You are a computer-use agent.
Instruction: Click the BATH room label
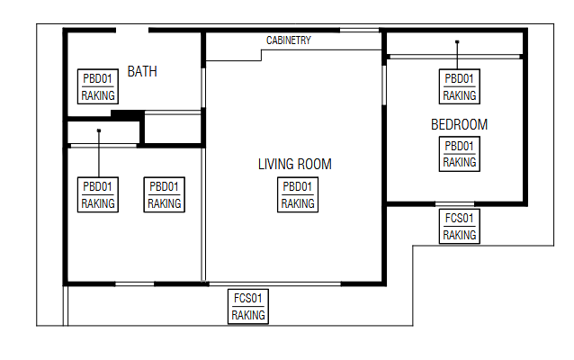click(142, 71)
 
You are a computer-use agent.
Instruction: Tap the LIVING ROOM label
click(295, 164)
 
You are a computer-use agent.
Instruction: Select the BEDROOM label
click(459, 124)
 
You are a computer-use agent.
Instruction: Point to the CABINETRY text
click(289, 40)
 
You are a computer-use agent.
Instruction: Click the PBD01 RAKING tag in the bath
click(98, 86)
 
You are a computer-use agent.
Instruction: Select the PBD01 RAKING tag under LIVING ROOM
click(298, 194)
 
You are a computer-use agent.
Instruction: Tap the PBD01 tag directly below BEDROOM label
click(460, 154)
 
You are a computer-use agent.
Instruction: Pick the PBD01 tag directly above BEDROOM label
click(460, 86)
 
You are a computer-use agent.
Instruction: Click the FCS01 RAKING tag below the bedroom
click(460, 226)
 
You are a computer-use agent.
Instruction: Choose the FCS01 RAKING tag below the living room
click(248, 306)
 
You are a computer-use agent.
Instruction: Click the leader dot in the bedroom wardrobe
click(457, 42)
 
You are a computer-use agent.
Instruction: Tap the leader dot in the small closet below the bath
click(99, 130)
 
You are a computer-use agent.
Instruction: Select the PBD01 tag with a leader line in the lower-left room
click(98, 194)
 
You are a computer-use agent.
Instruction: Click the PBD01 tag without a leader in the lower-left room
click(165, 194)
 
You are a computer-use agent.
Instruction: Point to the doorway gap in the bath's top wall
click(132, 30)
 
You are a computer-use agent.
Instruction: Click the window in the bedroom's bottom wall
click(454, 204)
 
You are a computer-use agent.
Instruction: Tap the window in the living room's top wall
click(360, 30)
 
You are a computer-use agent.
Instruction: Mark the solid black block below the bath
click(128, 114)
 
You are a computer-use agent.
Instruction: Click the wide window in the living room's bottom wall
click(275, 283)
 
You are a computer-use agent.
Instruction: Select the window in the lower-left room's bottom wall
click(134, 283)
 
